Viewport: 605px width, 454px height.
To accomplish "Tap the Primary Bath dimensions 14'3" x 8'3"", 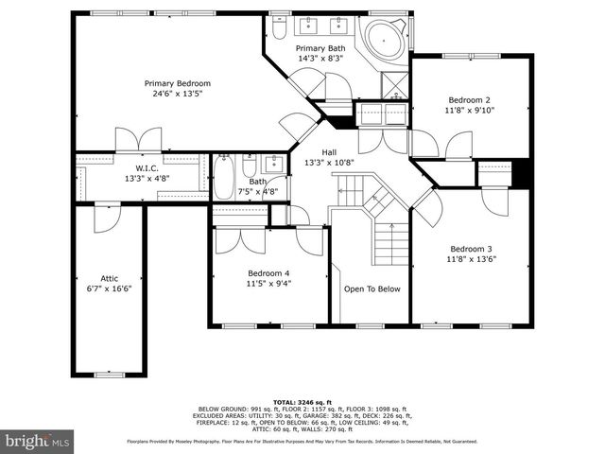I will pos(320,60).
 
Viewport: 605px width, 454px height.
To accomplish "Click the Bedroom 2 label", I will pos(470,99).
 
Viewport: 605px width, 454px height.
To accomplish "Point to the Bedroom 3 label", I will pos(470,248).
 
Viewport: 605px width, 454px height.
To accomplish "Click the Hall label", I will pos(329,151).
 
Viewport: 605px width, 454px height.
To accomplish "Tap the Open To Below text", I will pos(372,289).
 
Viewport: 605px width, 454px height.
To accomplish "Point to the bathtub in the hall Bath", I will pos(223,178).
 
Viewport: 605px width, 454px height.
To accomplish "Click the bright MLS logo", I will pos(38,441).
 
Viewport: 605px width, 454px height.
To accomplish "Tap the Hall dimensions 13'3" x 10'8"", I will pos(329,163).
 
